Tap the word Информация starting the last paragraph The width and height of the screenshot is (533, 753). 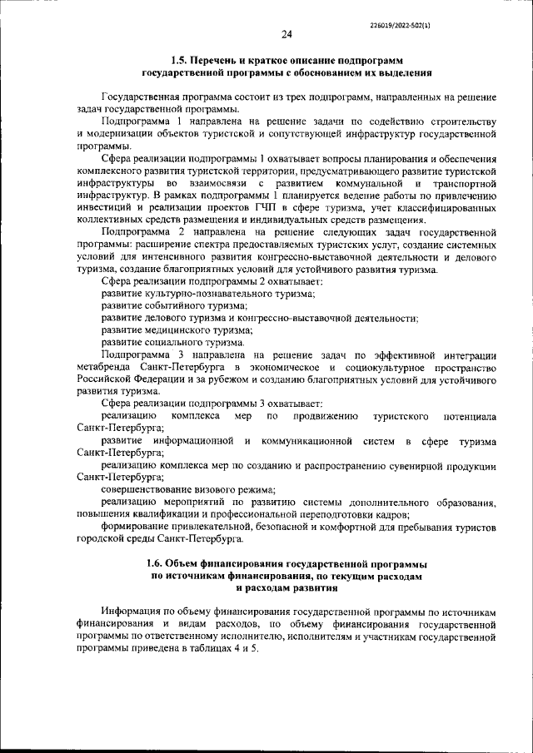tap(139, 612)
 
